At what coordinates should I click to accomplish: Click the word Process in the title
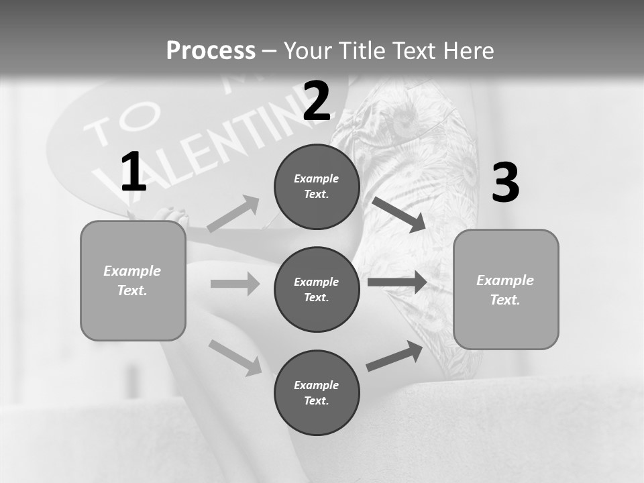coord(211,51)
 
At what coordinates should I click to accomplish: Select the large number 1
coord(133,172)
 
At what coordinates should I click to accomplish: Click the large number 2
coord(317,101)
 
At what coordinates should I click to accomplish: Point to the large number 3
coord(505,182)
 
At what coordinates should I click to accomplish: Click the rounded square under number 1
coord(133,280)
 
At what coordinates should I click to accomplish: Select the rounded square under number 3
coord(506,289)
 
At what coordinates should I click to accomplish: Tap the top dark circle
coord(317,186)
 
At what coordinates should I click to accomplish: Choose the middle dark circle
coord(317,289)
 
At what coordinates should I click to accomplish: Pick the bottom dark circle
coord(317,392)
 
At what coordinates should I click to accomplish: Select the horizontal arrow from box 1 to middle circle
coord(235,284)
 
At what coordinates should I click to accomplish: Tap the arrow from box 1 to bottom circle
coord(235,358)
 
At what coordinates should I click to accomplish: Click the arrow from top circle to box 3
coord(398,214)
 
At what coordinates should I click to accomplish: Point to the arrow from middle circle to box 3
coord(397,282)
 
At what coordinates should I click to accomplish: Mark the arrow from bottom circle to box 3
coord(394,356)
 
